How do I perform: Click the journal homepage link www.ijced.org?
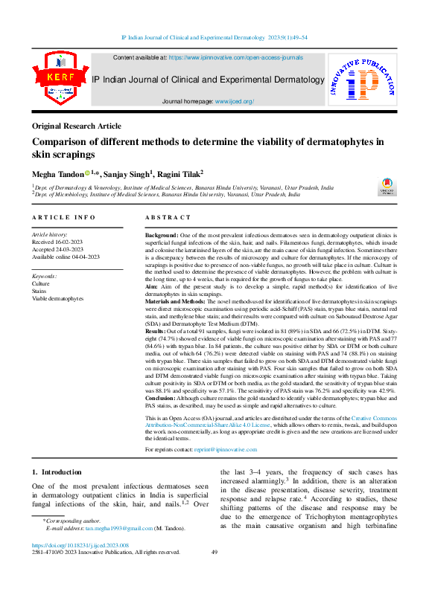tap(235, 101)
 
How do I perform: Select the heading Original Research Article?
tap(77, 126)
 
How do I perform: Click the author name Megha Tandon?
tap(57, 173)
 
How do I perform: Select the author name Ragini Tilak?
tap(179, 173)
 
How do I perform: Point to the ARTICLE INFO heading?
tap(63, 217)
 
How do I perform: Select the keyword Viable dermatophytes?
tap(57, 298)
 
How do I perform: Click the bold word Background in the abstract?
tap(161, 234)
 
